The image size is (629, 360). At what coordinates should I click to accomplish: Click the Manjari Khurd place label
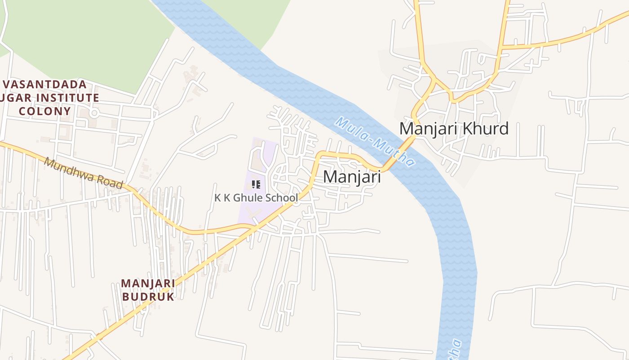click(x=454, y=129)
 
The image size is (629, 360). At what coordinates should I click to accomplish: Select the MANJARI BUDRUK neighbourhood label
click(x=148, y=290)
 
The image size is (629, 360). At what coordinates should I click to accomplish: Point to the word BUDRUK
click(x=148, y=297)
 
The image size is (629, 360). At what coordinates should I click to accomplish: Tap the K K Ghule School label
click(x=256, y=198)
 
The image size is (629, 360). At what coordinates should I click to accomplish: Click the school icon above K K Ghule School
click(x=256, y=184)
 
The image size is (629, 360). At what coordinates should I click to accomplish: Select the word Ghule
click(x=252, y=198)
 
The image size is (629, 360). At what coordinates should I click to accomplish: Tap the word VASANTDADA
click(x=44, y=85)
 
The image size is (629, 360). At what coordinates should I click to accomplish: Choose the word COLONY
click(x=44, y=111)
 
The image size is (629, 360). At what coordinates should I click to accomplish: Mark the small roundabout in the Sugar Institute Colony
click(x=94, y=112)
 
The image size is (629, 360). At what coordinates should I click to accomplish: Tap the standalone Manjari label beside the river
click(x=352, y=177)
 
